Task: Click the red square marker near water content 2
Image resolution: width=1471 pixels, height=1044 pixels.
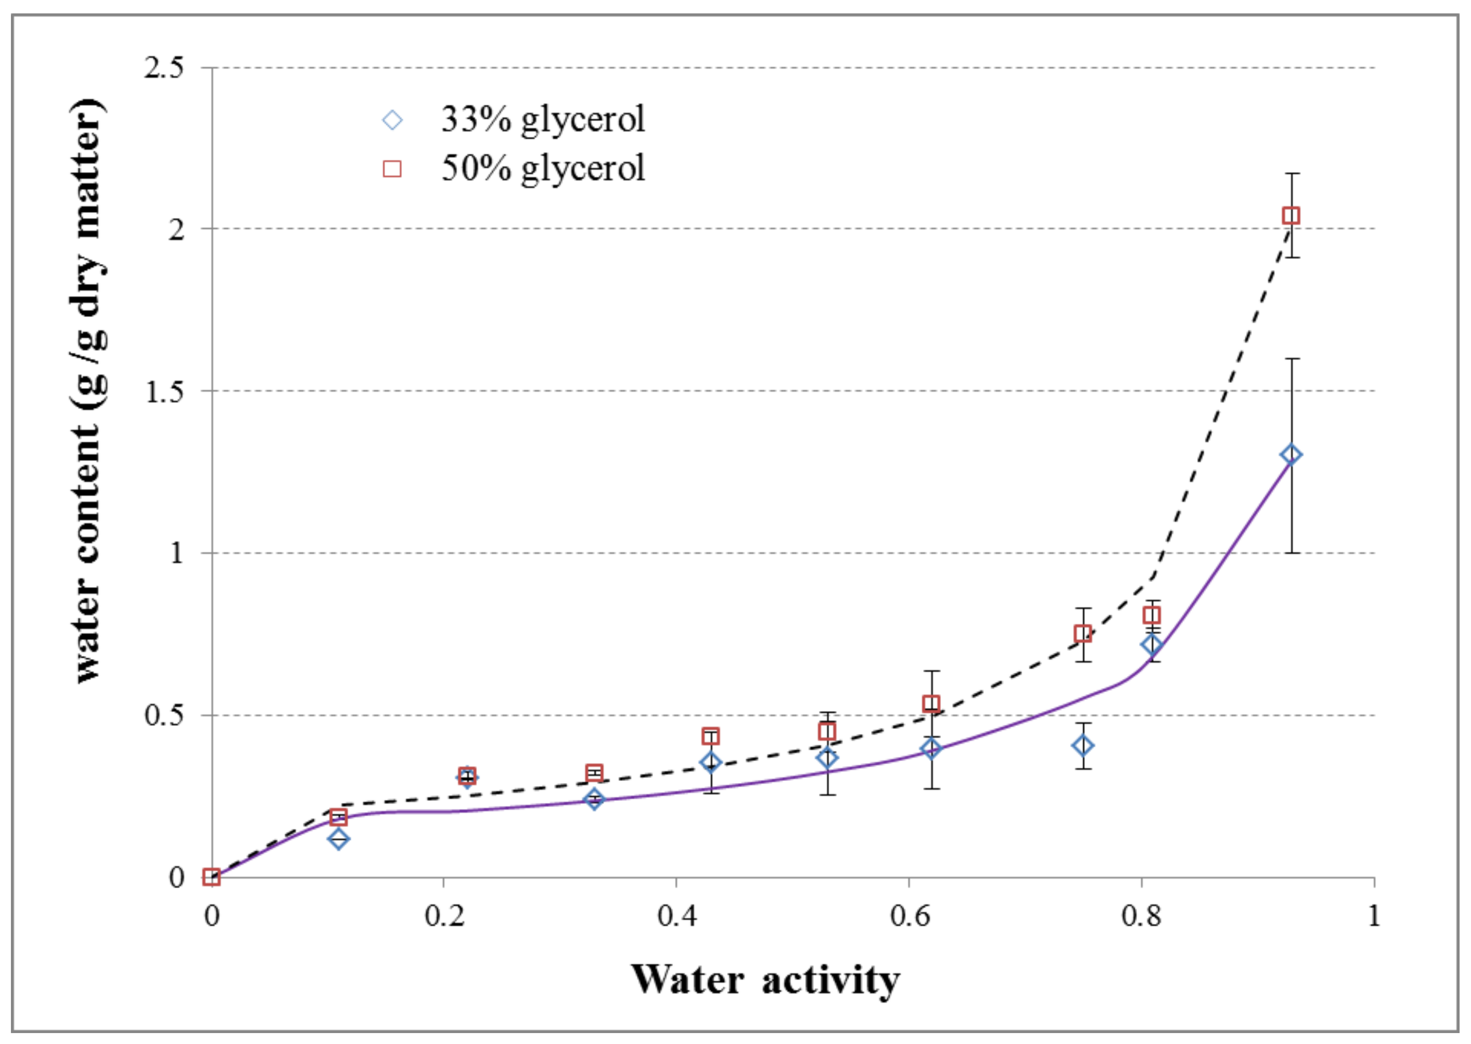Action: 1291,215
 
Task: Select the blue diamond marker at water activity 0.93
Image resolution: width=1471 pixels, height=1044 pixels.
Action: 1291,455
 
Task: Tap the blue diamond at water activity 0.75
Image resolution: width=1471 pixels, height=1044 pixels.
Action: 1083,746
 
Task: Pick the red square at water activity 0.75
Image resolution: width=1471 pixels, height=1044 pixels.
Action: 1083,634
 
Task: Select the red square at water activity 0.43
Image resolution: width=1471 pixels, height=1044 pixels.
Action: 710,736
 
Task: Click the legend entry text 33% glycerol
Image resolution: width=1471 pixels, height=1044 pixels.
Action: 542,120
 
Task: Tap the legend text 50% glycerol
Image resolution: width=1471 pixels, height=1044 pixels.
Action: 542,168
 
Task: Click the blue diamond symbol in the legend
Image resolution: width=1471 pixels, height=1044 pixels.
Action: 392,120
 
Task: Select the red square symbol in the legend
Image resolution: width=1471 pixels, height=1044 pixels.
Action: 392,169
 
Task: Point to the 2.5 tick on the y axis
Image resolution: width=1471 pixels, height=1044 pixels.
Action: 164,67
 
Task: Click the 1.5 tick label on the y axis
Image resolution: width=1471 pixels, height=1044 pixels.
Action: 164,391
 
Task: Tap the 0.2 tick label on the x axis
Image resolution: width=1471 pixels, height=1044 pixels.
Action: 444,915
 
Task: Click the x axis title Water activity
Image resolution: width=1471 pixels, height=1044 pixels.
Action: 765,979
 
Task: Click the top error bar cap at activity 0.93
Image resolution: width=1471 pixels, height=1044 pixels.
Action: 1291,174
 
